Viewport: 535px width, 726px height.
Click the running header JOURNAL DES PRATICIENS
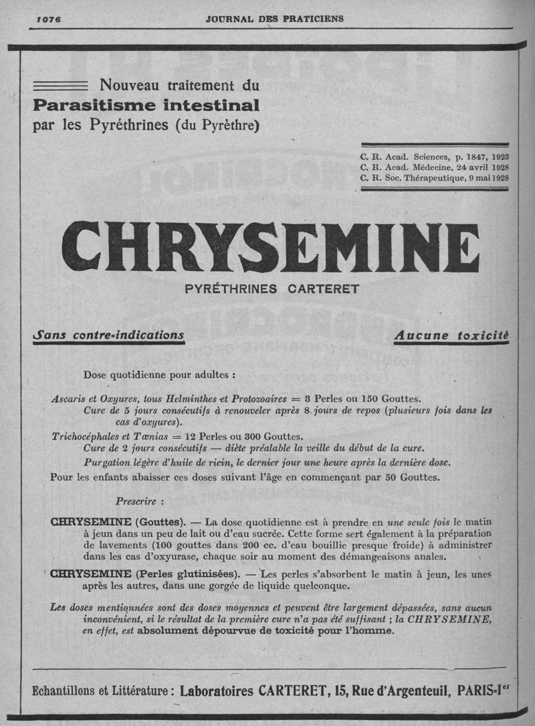[275, 19]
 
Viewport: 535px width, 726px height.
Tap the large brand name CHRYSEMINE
[270, 248]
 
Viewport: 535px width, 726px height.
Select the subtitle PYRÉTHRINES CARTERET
[272, 290]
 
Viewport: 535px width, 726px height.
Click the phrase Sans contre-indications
[108, 333]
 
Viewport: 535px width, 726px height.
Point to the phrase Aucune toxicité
[451, 335]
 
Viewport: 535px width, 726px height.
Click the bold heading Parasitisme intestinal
[146, 105]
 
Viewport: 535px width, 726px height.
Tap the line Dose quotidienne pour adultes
[159, 374]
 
